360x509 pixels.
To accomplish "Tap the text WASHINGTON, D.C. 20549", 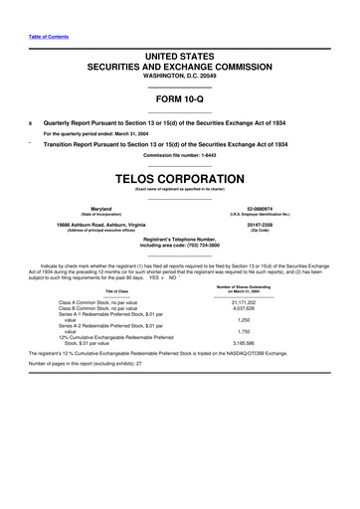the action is (179, 75).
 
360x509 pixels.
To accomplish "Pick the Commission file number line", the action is (179, 155).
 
